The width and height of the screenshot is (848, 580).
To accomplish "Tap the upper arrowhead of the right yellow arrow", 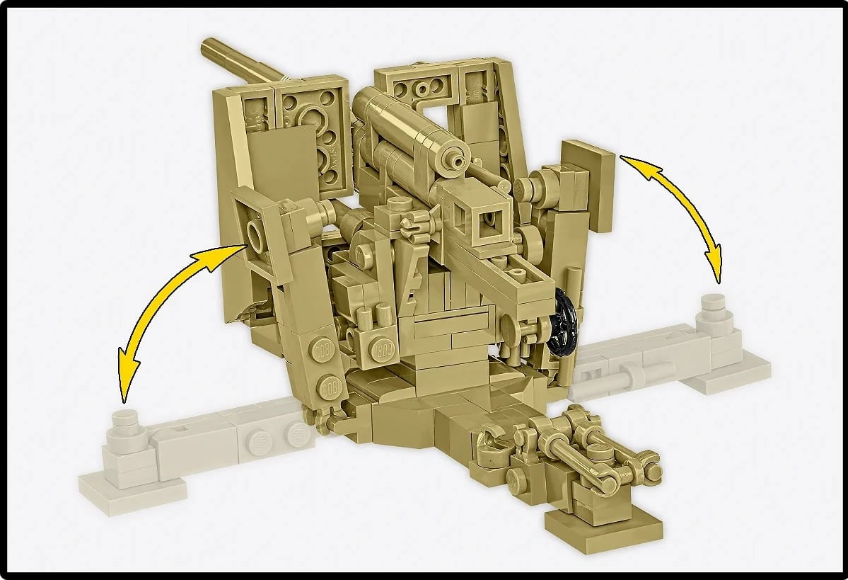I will (x=627, y=161).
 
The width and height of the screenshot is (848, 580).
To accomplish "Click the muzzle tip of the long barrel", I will (x=206, y=47).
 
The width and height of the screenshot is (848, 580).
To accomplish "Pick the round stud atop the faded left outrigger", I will (x=126, y=417).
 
